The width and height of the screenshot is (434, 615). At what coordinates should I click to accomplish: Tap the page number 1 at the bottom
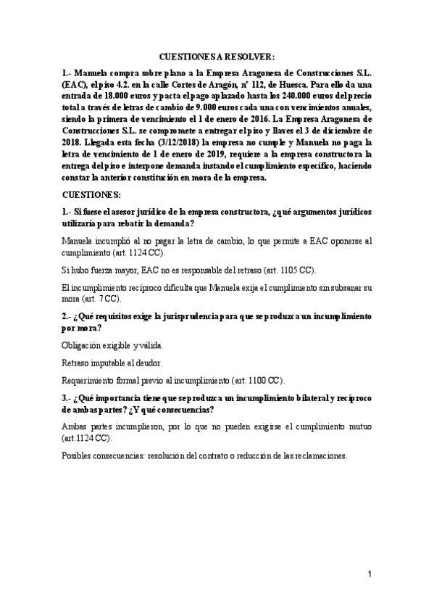tap(369, 574)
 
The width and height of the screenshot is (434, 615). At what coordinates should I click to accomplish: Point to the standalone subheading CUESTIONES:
tap(92, 195)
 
